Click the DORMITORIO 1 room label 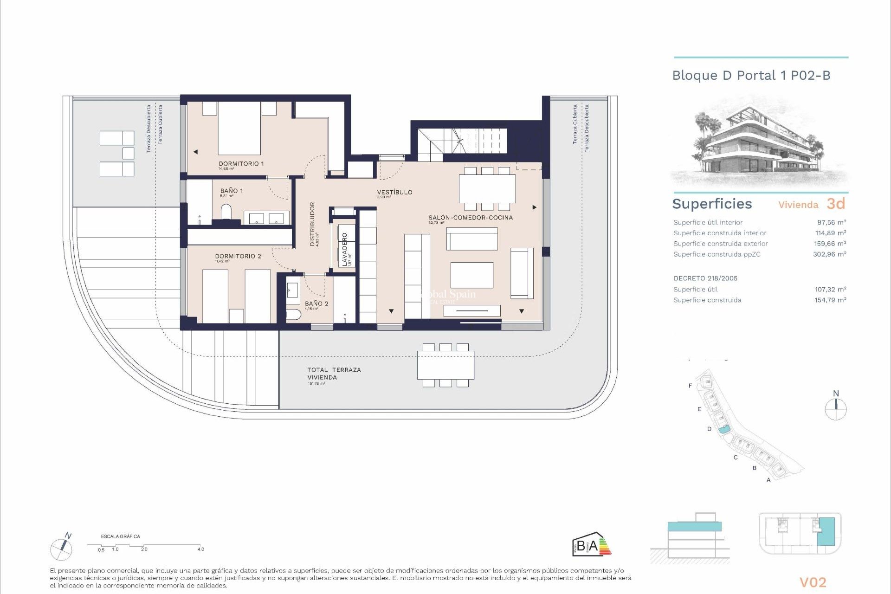(x=241, y=164)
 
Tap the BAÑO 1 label (x=231, y=191)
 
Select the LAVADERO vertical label (x=344, y=249)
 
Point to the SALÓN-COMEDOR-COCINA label (x=470, y=217)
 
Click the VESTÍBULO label (x=394, y=192)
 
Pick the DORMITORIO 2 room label (x=238, y=256)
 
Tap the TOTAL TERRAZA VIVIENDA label (x=334, y=374)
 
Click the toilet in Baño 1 (x=226, y=212)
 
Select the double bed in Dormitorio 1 (x=239, y=128)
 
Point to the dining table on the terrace (x=445, y=365)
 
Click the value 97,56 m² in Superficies (x=831, y=222)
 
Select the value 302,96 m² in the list (x=829, y=254)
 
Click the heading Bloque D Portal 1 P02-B (x=751, y=76)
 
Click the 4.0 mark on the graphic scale (x=200, y=549)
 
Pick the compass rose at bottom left (x=61, y=549)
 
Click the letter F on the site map (x=690, y=386)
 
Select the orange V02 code (x=813, y=582)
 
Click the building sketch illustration (x=759, y=142)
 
